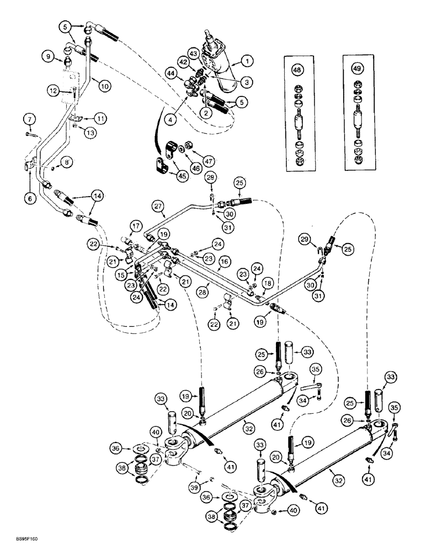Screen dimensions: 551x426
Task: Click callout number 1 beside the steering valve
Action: point(248,60)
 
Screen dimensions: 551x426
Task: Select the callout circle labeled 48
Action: point(297,71)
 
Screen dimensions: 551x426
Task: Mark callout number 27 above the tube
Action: point(158,208)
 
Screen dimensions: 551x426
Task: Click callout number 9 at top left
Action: point(50,55)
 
